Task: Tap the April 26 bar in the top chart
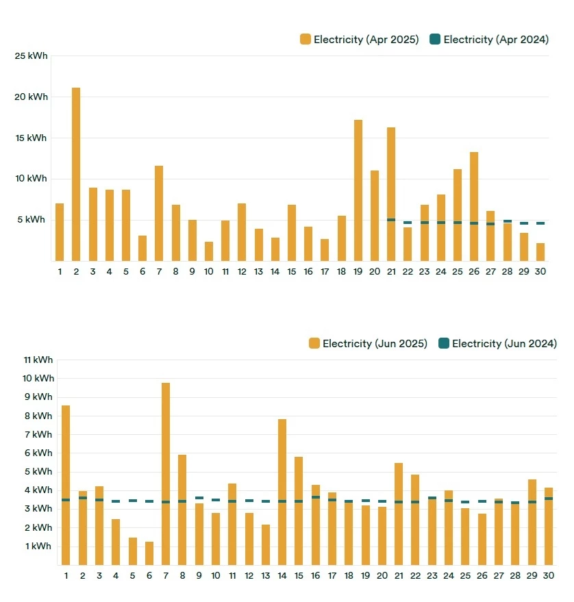(474, 206)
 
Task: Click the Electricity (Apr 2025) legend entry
(360, 40)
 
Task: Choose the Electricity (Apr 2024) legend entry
(489, 40)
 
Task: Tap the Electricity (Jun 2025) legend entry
(369, 344)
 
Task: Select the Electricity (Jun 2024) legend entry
(498, 344)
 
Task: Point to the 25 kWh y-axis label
(32, 55)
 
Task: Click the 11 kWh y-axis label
(38, 360)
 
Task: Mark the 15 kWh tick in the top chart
(32, 138)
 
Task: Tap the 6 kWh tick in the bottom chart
(38, 453)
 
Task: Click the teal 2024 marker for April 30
(540, 223)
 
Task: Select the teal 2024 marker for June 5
(132, 501)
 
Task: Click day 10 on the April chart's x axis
(208, 272)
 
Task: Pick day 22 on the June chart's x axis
(415, 576)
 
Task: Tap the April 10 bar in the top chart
(209, 251)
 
